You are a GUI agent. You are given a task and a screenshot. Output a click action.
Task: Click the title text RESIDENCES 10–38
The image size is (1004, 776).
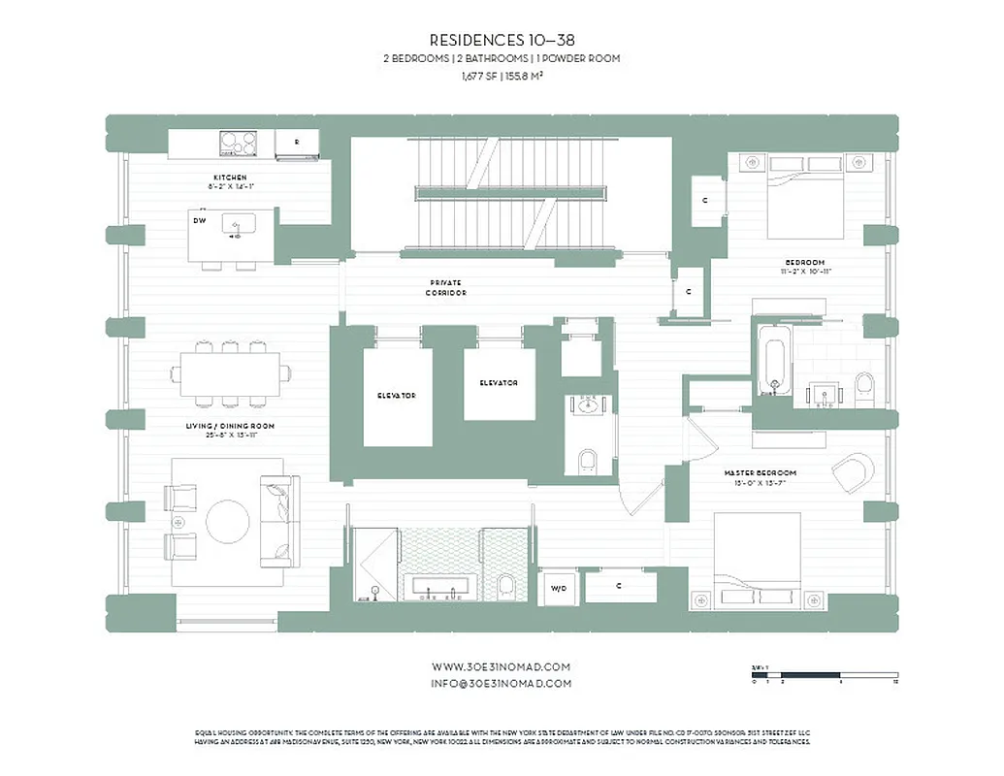502,41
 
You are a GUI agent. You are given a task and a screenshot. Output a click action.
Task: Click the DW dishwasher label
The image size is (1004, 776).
199,220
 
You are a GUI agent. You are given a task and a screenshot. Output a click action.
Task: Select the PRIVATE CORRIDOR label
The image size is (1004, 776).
445,287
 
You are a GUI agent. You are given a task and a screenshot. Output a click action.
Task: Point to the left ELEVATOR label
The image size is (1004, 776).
397,396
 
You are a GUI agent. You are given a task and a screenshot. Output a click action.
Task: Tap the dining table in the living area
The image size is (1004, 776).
231,372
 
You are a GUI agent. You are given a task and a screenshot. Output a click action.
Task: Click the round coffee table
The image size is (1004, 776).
229,521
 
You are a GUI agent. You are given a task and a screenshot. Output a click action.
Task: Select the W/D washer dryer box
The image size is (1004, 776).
559,587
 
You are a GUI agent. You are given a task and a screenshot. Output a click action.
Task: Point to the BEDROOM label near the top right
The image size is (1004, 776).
805,263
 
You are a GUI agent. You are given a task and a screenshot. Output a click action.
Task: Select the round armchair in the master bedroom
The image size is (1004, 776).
852,473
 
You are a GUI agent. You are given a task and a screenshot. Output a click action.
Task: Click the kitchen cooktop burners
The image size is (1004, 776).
238,143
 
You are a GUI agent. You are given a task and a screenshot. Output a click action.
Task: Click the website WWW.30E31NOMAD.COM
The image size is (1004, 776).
502,666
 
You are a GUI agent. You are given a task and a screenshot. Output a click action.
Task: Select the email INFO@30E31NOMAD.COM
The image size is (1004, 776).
502,683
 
